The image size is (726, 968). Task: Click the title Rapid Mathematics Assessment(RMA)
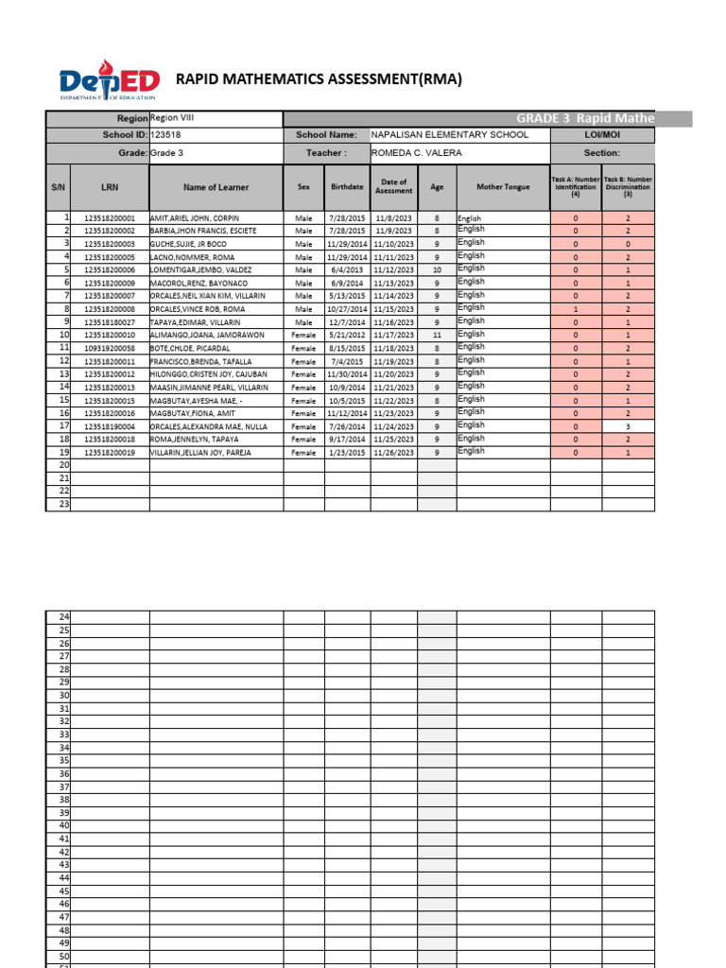[x=320, y=79]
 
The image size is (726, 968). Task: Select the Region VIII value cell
[x=216, y=118]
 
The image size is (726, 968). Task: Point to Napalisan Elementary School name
[x=450, y=135]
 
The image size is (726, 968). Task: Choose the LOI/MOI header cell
[x=602, y=135]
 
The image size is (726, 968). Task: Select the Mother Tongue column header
[x=503, y=187]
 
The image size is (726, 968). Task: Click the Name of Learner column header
[x=216, y=187]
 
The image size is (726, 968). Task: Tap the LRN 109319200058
[x=110, y=348]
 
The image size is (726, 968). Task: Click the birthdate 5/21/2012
[x=347, y=335]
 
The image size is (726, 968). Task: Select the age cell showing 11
[x=437, y=335]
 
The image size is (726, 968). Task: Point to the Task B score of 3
[x=628, y=426]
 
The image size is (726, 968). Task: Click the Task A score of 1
[x=576, y=309]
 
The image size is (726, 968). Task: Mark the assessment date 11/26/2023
[x=393, y=453]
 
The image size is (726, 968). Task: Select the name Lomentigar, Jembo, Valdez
[x=201, y=269]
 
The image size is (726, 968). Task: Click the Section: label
[x=602, y=152]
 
